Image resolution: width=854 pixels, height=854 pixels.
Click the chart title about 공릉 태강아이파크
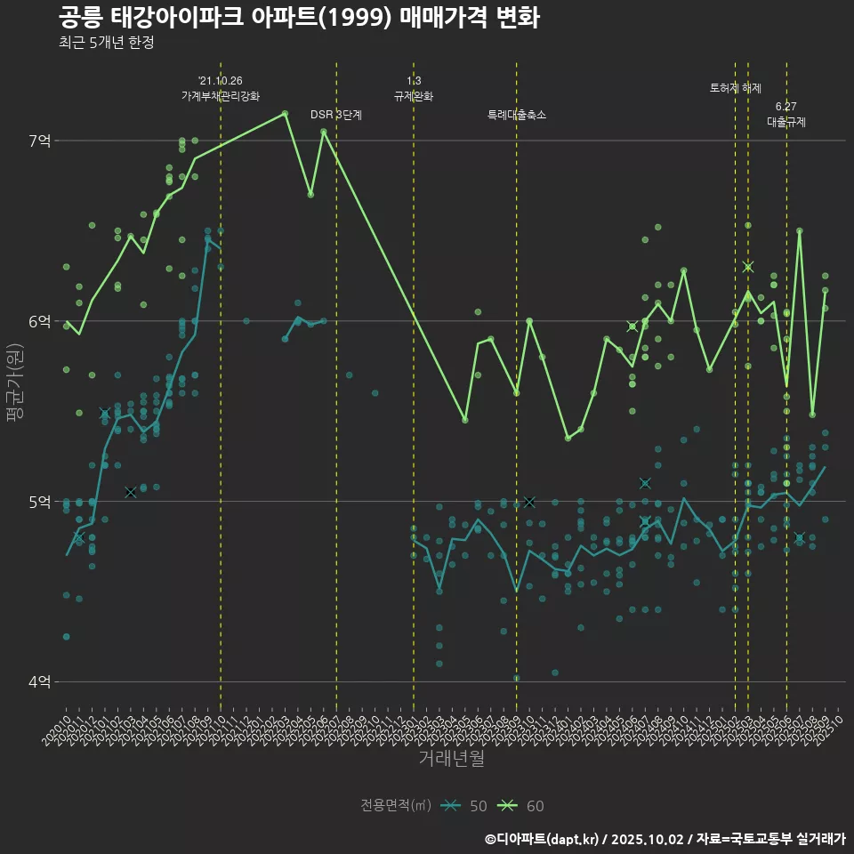pyautogui.click(x=299, y=17)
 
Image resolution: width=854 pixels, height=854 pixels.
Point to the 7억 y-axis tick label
pyautogui.click(x=40, y=141)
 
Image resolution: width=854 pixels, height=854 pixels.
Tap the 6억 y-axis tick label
pyautogui.click(x=40, y=321)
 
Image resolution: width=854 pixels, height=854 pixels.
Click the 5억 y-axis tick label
pyautogui.click(x=40, y=502)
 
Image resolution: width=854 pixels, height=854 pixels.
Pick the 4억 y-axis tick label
pyautogui.click(x=40, y=682)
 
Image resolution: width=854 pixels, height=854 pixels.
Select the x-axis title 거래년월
pyautogui.click(x=452, y=759)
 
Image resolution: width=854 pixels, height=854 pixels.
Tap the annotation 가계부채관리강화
pyautogui.click(x=221, y=96)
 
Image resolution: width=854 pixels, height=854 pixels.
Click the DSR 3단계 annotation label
pyautogui.click(x=336, y=115)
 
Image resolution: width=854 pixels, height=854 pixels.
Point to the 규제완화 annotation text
pyautogui.click(x=414, y=96)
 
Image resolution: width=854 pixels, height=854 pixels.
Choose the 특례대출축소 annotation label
pyautogui.click(x=517, y=115)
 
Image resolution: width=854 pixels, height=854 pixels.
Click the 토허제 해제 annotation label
pyautogui.click(x=736, y=88)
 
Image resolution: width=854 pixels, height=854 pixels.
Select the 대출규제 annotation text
pyautogui.click(x=786, y=122)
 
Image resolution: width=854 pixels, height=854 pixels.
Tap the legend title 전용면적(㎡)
pyautogui.click(x=396, y=806)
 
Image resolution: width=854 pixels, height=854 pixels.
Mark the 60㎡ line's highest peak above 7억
pyautogui.click(x=285, y=113)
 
